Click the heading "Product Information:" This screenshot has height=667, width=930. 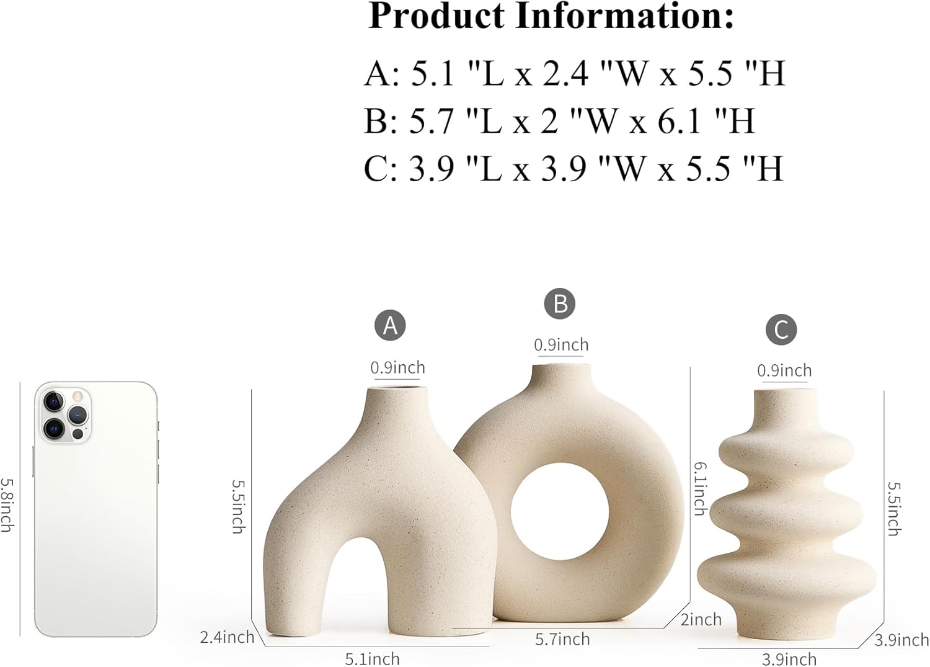coord(551,17)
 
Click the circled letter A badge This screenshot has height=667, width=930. coord(390,325)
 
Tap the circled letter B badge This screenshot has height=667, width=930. coord(560,303)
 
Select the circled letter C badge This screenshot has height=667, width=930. coord(781,329)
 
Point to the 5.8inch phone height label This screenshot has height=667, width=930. coord(7,504)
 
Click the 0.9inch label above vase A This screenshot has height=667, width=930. coord(397,367)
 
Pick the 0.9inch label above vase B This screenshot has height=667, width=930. coord(561,344)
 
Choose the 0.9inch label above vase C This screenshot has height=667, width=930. coord(784,370)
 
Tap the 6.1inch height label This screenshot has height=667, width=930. coord(700,488)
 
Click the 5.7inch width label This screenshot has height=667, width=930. coord(562,638)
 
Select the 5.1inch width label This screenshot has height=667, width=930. coord(372,658)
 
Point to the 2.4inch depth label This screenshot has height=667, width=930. coord(227,637)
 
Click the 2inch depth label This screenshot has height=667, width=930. coord(701,619)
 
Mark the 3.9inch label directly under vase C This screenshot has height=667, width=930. coord(789,659)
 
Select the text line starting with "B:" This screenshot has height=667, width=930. coord(559,120)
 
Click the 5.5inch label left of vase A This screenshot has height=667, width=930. coord(238,506)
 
